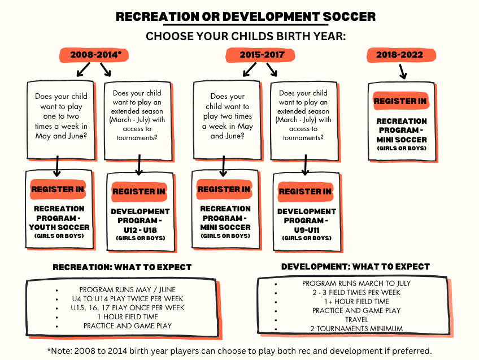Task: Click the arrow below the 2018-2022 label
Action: pos(402,72)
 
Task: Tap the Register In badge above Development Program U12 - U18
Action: pos(139,192)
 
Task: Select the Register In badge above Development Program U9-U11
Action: pos(305,192)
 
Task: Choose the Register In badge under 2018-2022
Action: pos(401,101)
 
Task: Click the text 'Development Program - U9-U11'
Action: pos(306,220)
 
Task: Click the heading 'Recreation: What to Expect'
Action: pos(122,267)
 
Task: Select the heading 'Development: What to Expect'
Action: pos(355,266)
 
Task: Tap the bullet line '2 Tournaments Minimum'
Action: pos(356,328)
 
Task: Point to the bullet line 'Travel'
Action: pos(356,319)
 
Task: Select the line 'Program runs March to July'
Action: pos(356,283)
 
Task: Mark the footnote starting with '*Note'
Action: pos(239,350)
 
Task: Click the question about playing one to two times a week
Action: pos(61,116)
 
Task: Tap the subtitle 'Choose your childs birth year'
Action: pos(245,36)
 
